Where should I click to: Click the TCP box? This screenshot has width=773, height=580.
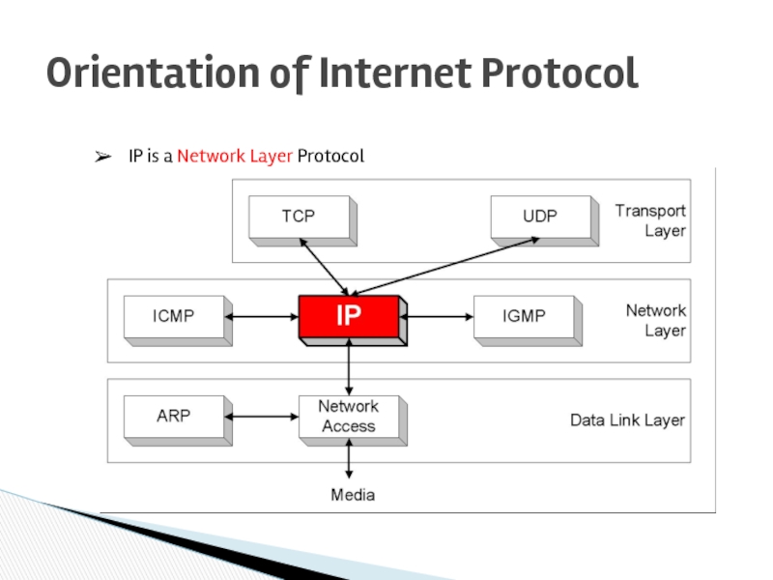coord(299,217)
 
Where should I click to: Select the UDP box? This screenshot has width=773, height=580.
coord(539,217)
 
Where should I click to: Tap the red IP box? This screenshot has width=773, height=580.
coord(348,316)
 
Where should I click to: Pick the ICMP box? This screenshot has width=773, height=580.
coord(174,316)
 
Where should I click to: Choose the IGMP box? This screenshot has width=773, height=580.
coord(524,316)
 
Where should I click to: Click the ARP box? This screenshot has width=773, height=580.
coord(174,417)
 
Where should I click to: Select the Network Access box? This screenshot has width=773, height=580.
coord(348,417)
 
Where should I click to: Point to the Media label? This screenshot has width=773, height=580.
coord(353,495)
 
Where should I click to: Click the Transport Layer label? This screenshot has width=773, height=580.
coord(650,220)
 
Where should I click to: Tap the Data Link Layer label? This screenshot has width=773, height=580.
coord(627,420)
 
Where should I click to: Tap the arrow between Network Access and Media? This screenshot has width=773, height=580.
coord(349,459)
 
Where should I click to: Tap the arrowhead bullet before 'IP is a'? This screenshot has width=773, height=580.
coord(100,156)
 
